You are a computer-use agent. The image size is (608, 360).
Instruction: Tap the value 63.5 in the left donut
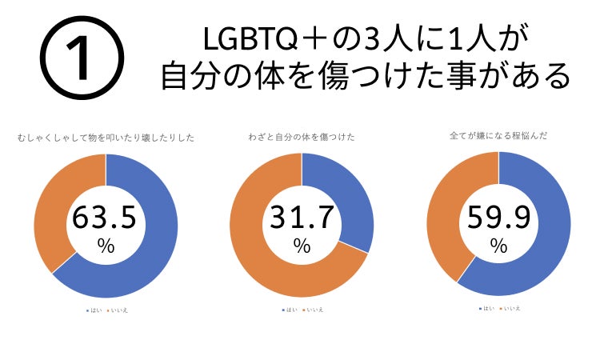[x=106, y=218]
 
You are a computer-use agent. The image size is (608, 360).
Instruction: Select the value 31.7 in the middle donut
[x=302, y=218]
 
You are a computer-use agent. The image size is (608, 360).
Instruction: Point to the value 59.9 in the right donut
[x=498, y=218]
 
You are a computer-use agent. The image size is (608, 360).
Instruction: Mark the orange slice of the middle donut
[x=264, y=264]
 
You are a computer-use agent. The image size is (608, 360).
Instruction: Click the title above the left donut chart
[x=105, y=138]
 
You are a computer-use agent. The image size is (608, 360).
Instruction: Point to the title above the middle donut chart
[x=302, y=138]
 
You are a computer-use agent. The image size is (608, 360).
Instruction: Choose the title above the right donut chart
[x=498, y=137]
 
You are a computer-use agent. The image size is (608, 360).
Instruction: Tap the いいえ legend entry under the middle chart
[x=313, y=309]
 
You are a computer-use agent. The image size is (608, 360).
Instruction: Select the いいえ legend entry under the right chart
[x=510, y=308]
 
